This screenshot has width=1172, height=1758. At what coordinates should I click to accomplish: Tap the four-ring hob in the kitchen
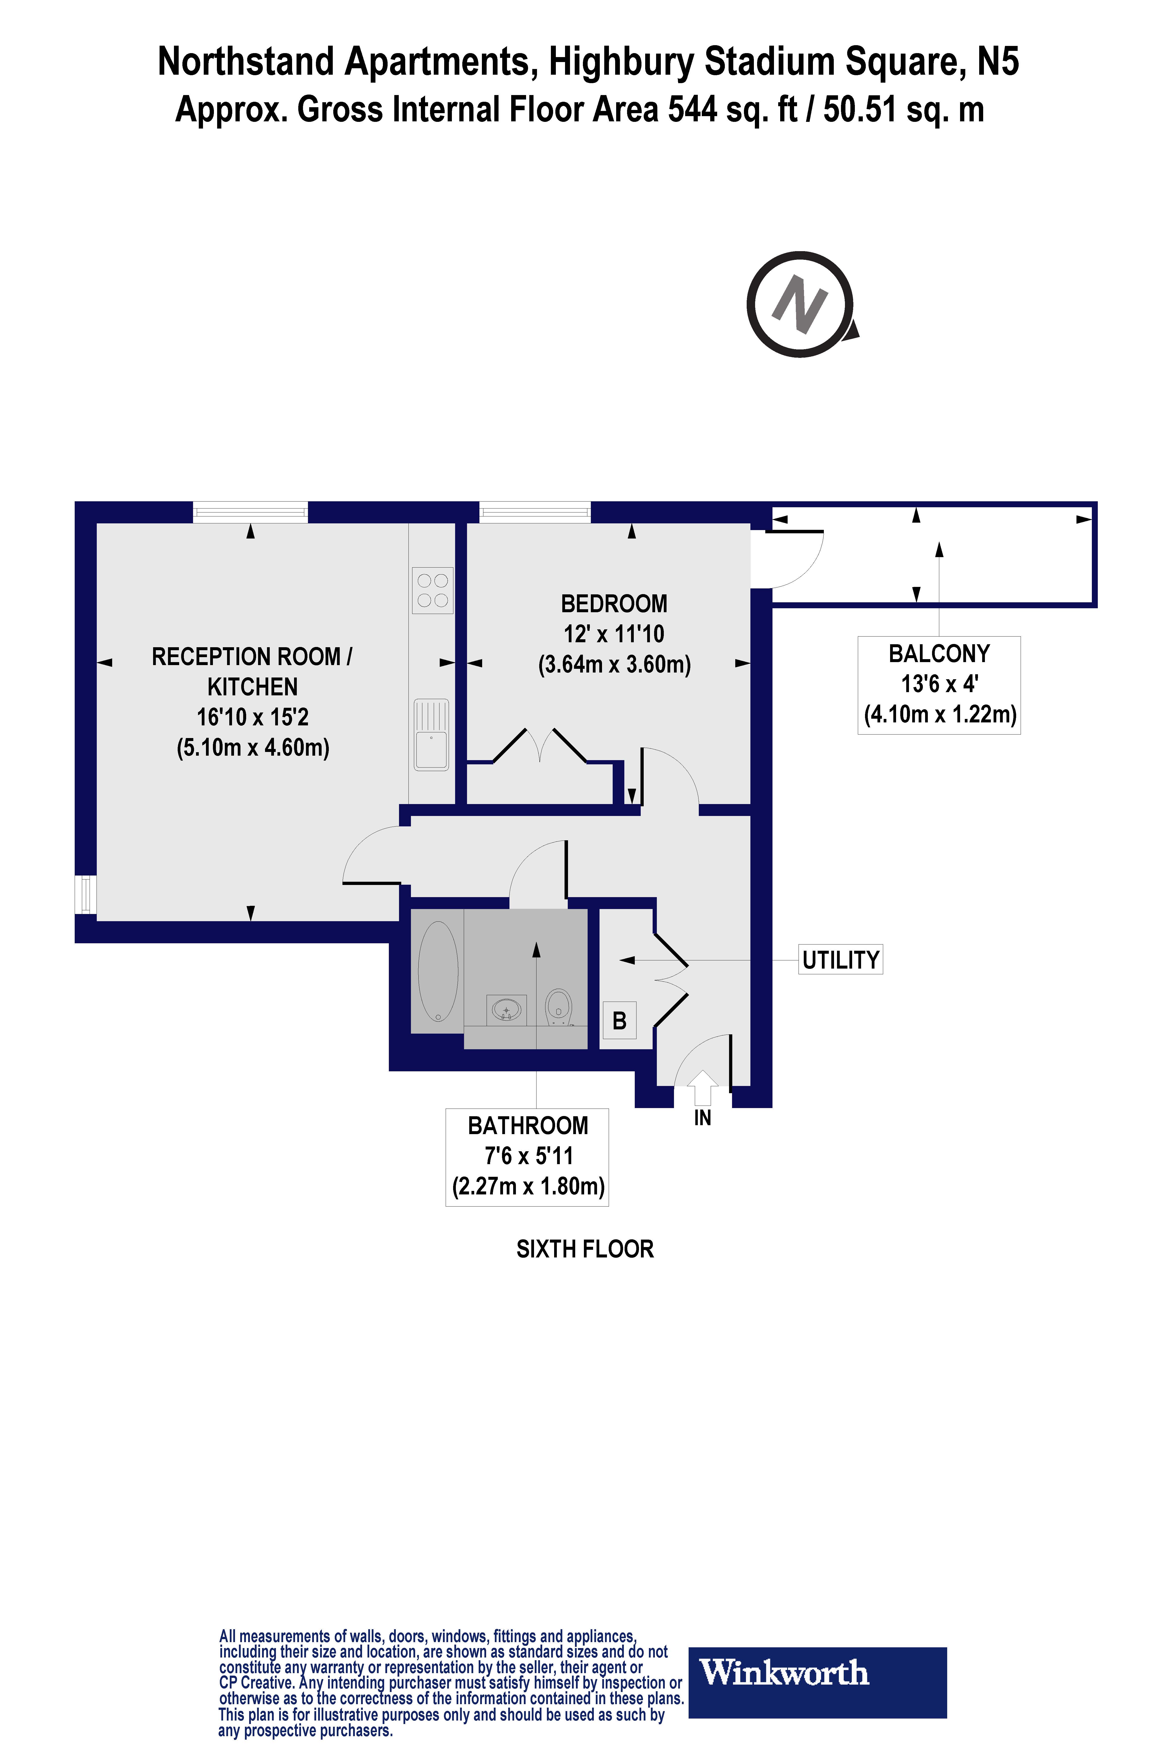click(x=432, y=590)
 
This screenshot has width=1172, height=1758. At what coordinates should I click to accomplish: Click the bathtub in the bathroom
click(x=438, y=971)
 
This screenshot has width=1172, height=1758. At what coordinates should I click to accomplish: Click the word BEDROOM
click(x=614, y=604)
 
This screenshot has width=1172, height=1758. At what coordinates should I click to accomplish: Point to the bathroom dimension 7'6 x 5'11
click(x=529, y=1156)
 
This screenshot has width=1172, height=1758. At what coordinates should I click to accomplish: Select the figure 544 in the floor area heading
click(x=692, y=110)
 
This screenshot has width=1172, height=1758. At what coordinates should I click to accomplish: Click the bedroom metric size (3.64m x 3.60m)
click(x=614, y=665)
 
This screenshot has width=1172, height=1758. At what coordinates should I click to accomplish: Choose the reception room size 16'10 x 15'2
click(x=253, y=717)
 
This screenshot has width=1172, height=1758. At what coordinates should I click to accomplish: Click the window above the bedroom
click(x=535, y=512)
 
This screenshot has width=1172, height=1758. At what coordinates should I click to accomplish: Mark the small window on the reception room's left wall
click(x=86, y=895)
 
